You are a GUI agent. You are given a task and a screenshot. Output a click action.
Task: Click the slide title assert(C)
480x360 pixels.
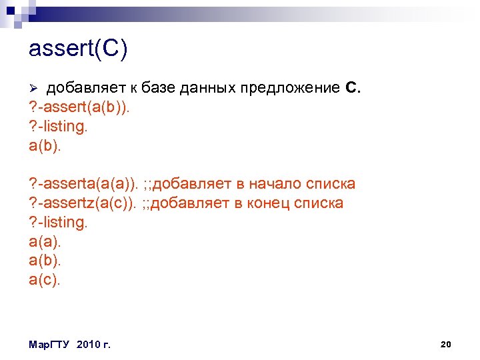pyautogui.click(x=78, y=50)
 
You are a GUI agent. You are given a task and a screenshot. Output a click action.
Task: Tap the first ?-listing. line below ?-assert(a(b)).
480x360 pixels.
pyautogui.click(x=59, y=126)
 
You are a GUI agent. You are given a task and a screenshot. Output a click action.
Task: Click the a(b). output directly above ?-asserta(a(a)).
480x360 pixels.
pyautogui.click(x=45, y=145)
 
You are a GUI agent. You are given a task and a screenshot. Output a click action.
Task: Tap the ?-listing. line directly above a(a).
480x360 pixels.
pyautogui.click(x=59, y=222)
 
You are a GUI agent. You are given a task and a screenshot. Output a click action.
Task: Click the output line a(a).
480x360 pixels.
pyautogui.click(x=45, y=241)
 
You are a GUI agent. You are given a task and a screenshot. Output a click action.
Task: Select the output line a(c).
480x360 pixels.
pyautogui.click(x=45, y=279)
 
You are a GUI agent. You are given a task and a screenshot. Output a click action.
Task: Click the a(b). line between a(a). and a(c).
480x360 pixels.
pyautogui.click(x=45, y=260)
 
